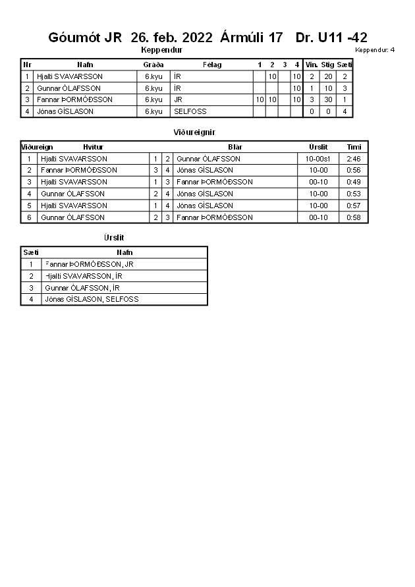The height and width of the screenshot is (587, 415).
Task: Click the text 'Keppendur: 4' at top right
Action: [x=374, y=50]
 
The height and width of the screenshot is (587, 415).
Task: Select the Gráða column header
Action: [x=153, y=65]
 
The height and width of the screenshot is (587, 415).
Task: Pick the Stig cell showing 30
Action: [x=327, y=99]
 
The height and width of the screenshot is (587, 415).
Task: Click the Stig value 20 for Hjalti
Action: [x=327, y=76]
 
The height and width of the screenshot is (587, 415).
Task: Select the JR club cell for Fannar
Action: [x=178, y=99]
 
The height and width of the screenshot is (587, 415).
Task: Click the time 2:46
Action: [x=354, y=159]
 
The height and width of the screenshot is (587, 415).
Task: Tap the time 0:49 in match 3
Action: [x=354, y=182]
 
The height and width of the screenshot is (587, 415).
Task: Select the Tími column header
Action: [x=354, y=147]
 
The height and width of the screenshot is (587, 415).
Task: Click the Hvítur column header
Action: [x=93, y=147]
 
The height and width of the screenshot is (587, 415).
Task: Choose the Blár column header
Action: [x=235, y=147]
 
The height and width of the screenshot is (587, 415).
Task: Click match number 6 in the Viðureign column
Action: [x=29, y=217]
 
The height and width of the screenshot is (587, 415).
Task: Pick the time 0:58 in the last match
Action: [x=354, y=217]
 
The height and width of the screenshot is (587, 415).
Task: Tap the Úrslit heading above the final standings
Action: [x=114, y=237]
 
